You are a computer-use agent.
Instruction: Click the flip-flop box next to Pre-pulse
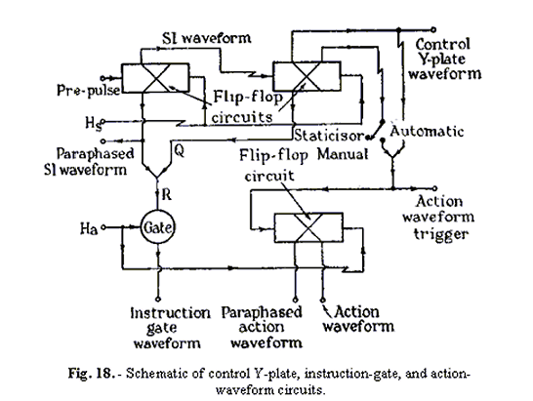(156, 75)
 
